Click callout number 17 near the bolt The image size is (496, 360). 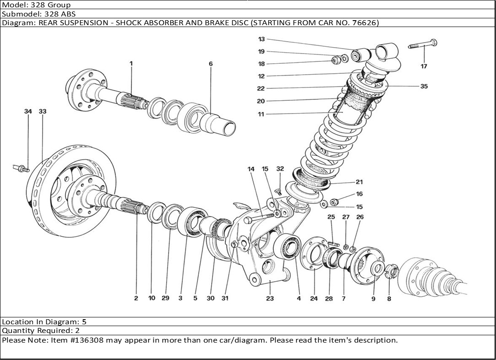[424, 66]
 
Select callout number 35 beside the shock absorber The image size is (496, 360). [424, 86]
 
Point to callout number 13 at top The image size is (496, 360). [261, 39]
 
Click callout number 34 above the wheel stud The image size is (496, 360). [28, 111]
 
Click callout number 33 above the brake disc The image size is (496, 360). [43, 111]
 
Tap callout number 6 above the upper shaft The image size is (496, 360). [211, 64]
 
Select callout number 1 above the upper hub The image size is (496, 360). [131, 64]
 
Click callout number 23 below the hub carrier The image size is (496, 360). [270, 298]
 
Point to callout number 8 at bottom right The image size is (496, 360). [389, 298]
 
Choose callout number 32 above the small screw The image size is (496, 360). [280, 169]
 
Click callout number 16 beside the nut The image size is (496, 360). [359, 194]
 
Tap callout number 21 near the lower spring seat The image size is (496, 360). [359, 182]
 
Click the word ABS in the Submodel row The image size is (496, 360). [69, 14]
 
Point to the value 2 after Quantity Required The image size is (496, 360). [77, 331]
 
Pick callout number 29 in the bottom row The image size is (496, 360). [165, 298]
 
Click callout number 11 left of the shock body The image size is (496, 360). [261, 114]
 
